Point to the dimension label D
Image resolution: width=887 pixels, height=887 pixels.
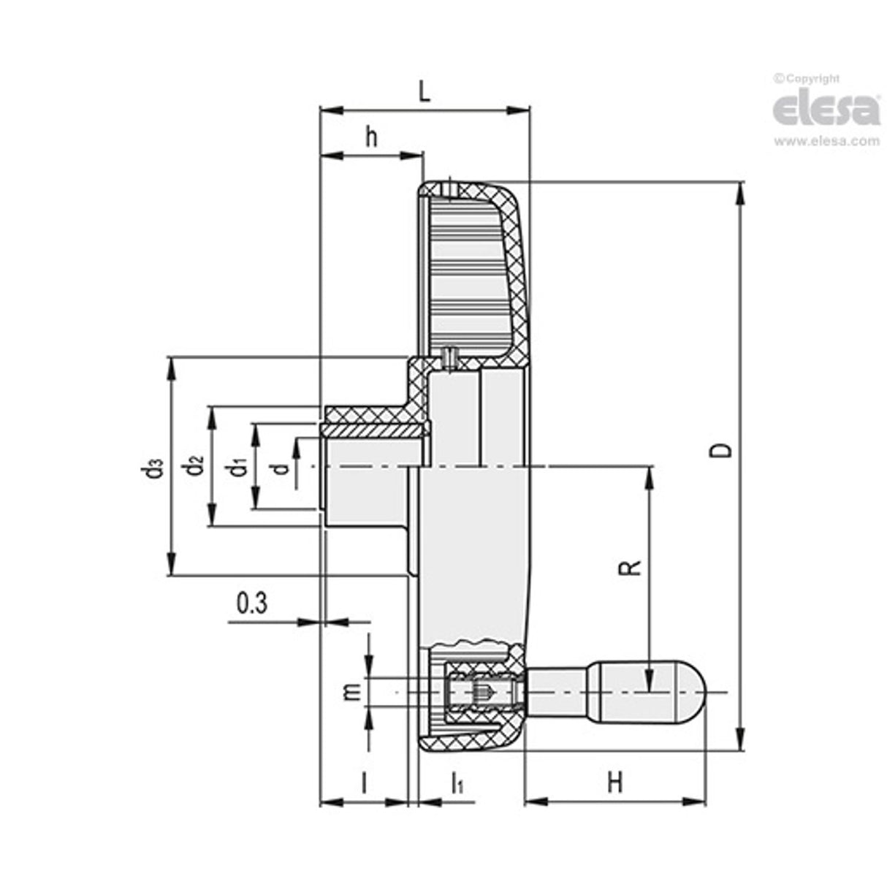click(x=722, y=450)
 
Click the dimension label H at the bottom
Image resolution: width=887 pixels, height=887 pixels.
click(x=615, y=783)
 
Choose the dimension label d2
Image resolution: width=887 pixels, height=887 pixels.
click(x=194, y=465)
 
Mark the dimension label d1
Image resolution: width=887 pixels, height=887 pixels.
click(x=235, y=466)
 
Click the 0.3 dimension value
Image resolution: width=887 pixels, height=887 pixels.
click(x=252, y=604)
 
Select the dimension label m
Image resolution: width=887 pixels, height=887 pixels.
click(x=352, y=690)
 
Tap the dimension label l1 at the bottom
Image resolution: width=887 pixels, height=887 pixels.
click(x=457, y=783)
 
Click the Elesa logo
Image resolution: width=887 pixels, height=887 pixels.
click(x=826, y=110)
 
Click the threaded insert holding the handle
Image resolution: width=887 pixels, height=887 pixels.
click(x=481, y=691)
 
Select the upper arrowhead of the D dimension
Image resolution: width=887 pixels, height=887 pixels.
click(x=741, y=192)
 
